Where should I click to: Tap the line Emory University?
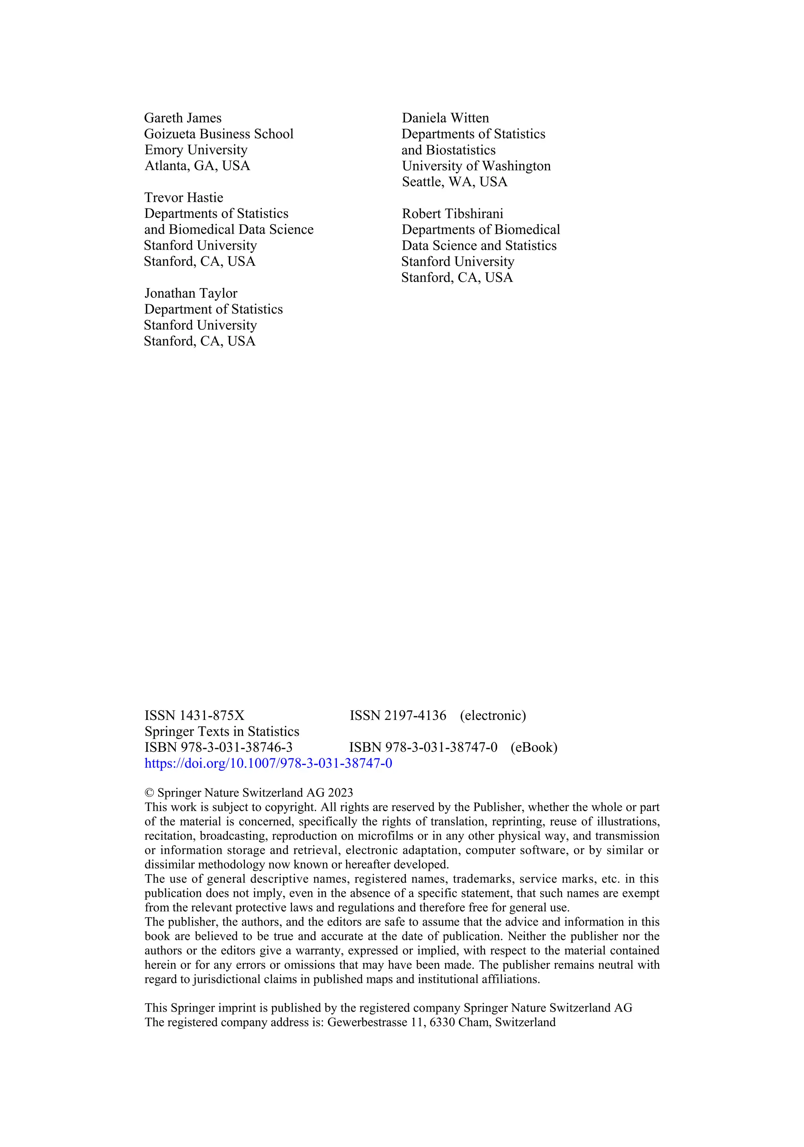coord(196,150)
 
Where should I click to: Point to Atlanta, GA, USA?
coord(197,166)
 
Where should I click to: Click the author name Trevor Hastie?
coord(183,198)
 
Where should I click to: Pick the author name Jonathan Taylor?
coord(190,293)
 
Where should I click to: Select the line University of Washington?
coord(476,166)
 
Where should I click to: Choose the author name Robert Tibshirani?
coord(452,214)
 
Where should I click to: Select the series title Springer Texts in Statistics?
coord(221,731)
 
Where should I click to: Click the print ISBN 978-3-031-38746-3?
coord(218,747)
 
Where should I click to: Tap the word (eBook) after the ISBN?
coord(534,747)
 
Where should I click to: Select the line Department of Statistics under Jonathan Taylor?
coord(214,309)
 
